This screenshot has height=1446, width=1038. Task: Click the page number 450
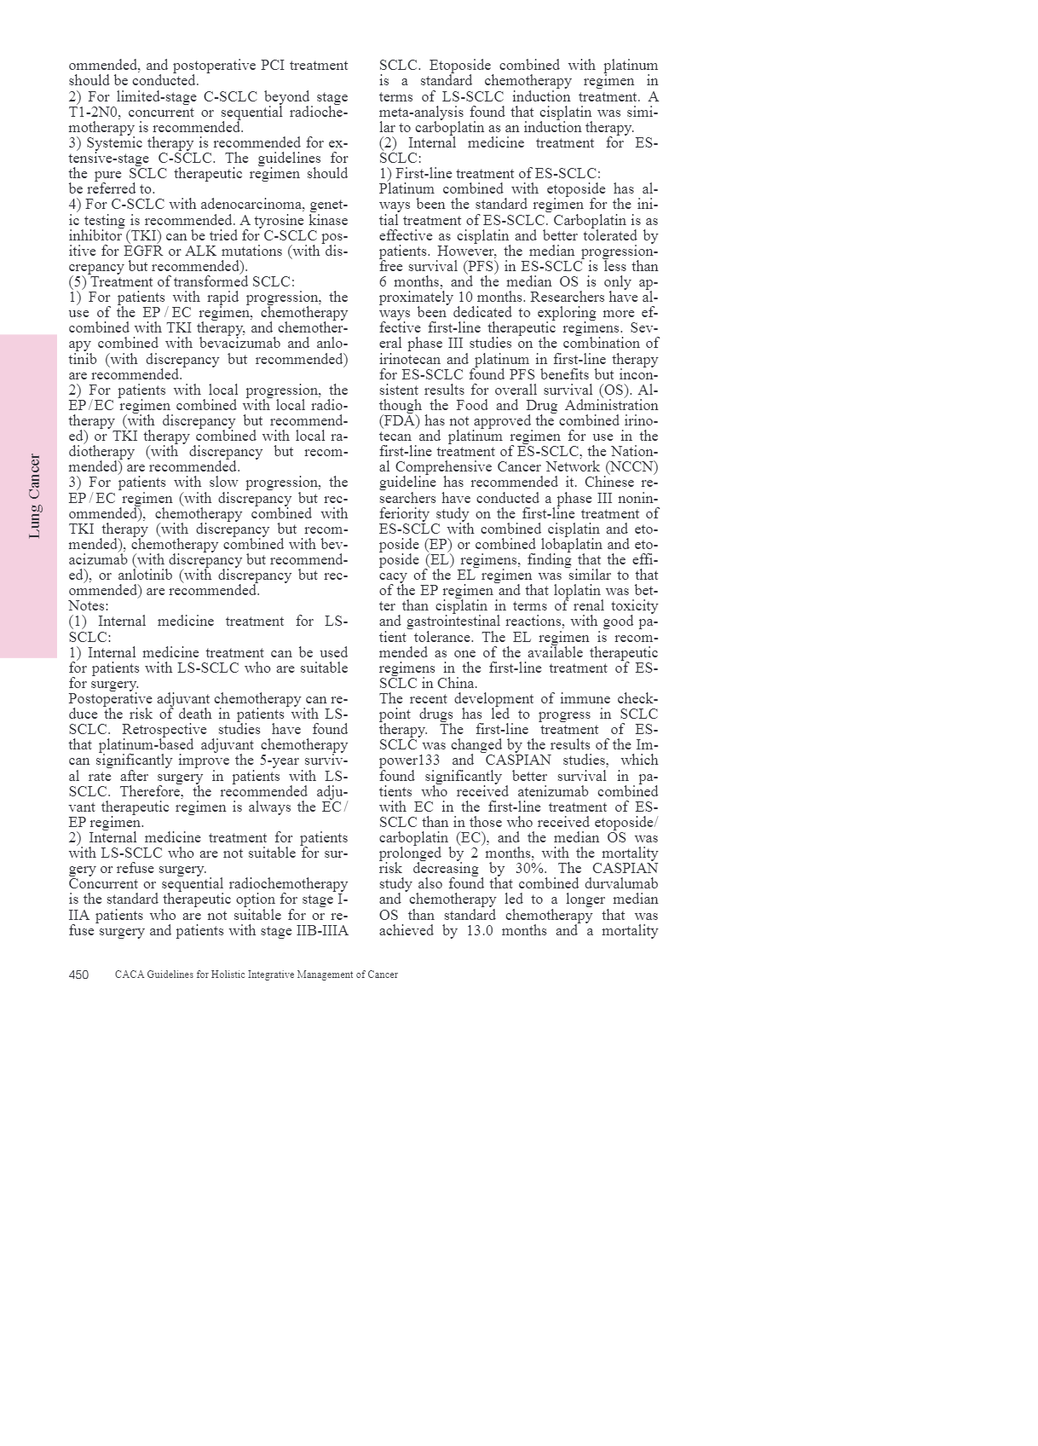click(78, 975)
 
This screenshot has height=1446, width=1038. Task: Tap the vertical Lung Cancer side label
click(35, 495)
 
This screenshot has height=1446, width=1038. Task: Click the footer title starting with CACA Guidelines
click(256, 975)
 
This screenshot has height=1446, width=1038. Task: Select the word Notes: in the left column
click(89, 606)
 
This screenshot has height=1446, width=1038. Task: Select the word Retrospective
click(171, 729)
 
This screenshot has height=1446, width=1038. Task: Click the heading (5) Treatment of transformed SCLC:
click(182, 281)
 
